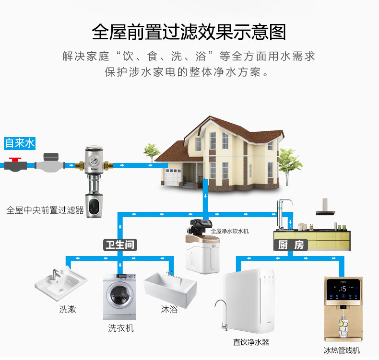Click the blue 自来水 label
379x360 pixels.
point(20,143)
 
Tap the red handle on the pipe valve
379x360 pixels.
point(15,159)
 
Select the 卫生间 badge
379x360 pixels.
point(120,245)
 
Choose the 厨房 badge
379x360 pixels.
point(291,245)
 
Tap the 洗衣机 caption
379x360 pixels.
point(121,328)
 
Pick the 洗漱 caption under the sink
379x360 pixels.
point(68,309)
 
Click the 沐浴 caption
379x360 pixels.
point(169,309)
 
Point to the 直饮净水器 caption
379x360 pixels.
point(251,342)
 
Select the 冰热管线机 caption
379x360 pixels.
point(342,350)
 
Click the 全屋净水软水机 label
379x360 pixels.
point(230,232)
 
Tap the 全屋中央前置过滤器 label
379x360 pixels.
point(45,210)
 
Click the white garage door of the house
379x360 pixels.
point(173,177)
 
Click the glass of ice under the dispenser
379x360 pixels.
point(343,328)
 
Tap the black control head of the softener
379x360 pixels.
point(200,225)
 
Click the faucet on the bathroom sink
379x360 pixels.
point(55,274)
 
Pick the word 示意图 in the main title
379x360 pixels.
point(260,32)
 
